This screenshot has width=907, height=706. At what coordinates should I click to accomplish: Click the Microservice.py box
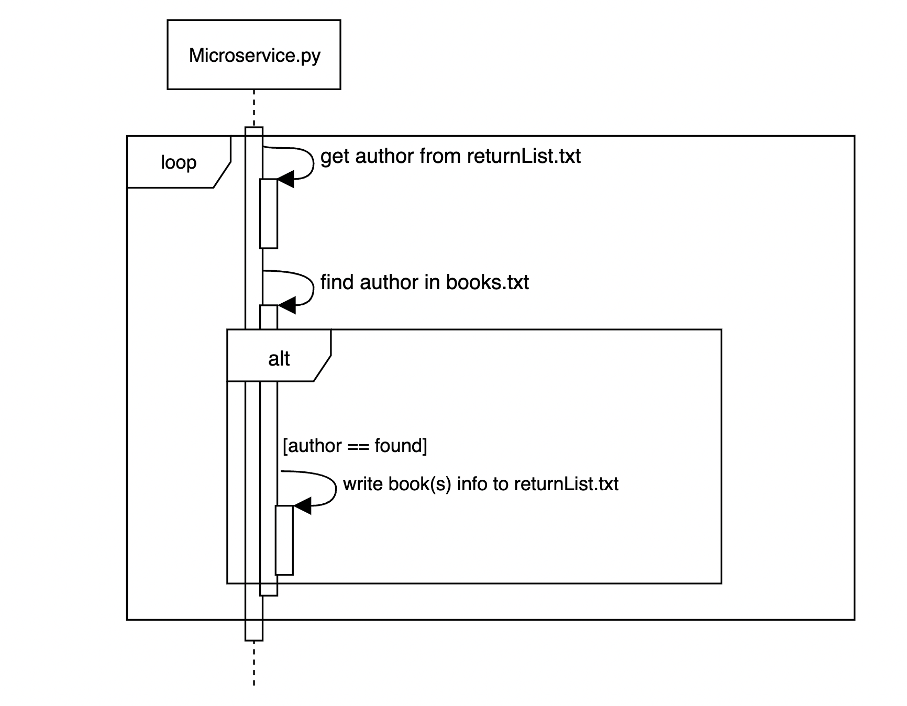[254, 54]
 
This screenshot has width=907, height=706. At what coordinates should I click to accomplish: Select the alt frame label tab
[278, 358]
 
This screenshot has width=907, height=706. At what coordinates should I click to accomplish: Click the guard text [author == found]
[355, 446]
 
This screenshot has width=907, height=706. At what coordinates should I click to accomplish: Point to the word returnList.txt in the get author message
[524, 156]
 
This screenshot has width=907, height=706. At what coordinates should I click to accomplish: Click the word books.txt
[487, 282]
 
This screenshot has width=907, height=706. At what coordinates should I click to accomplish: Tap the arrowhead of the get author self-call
[285, 179]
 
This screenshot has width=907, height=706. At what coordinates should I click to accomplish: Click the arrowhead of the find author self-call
[286, 305]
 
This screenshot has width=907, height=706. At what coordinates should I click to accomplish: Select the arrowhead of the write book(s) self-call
[302, 506]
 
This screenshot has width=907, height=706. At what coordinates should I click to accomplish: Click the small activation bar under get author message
[269, 214]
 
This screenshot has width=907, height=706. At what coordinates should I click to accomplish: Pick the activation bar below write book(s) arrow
[284, 540]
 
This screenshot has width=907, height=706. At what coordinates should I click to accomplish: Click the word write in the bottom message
[362, 484]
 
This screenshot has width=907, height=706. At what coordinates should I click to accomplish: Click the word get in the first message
[335, 157]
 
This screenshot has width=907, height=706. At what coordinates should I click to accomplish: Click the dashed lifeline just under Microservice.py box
[254, 108]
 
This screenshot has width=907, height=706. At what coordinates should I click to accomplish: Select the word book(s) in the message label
[419, 484]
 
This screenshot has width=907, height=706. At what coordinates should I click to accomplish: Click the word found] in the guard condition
[401, 446]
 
